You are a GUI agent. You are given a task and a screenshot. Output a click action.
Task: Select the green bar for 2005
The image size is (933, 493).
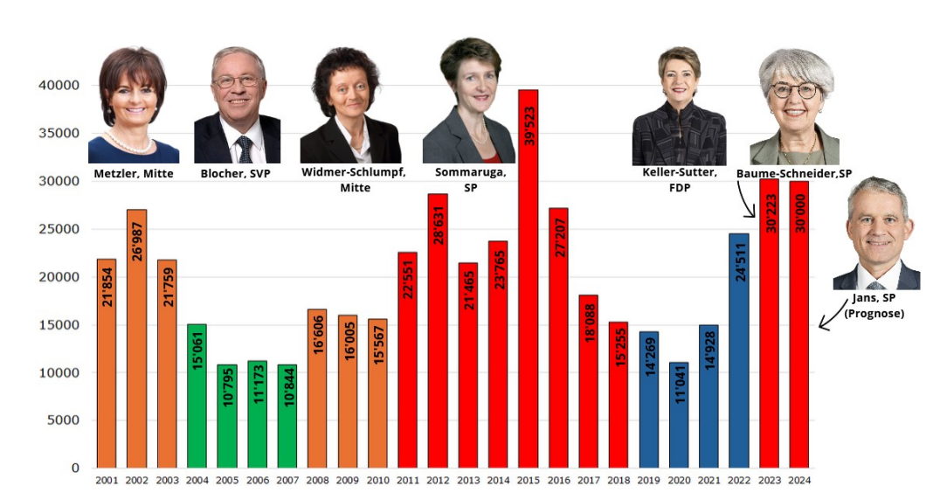point(227,415)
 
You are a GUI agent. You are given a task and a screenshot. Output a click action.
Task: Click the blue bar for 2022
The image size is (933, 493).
point(739,350)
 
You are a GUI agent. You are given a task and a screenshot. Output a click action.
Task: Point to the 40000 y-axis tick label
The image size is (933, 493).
point(59,86)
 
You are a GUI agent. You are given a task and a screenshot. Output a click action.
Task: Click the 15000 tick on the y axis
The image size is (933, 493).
point(59,325)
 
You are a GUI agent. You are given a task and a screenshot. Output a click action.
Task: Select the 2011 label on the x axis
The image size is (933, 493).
point(407,479)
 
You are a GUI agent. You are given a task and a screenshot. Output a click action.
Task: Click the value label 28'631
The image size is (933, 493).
point(438,225)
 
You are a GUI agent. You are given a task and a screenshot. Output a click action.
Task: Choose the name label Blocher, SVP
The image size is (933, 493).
point(235,173)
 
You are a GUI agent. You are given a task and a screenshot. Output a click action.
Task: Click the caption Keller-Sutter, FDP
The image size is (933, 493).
point(680,179)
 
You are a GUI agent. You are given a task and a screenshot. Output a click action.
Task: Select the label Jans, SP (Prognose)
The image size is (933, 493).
point(874,306)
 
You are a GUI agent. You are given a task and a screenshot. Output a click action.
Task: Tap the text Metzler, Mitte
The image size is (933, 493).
point(134,173)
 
